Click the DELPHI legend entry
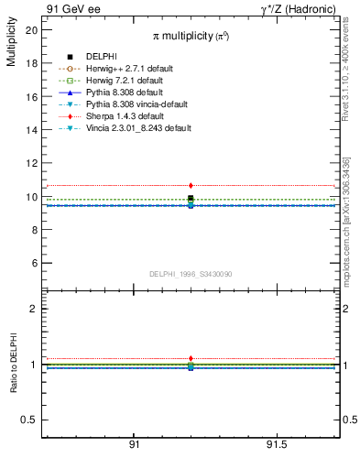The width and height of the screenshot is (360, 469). (101, 57)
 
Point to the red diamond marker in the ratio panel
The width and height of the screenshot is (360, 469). (191, 358)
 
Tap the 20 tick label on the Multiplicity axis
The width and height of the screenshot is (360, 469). (32, 30)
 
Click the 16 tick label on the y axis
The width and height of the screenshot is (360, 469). (32, 97)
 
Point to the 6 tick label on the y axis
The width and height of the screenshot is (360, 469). (35, 264)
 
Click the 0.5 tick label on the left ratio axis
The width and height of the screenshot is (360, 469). (29, 420)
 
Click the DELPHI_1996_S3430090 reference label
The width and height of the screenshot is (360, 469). (191, 274)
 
